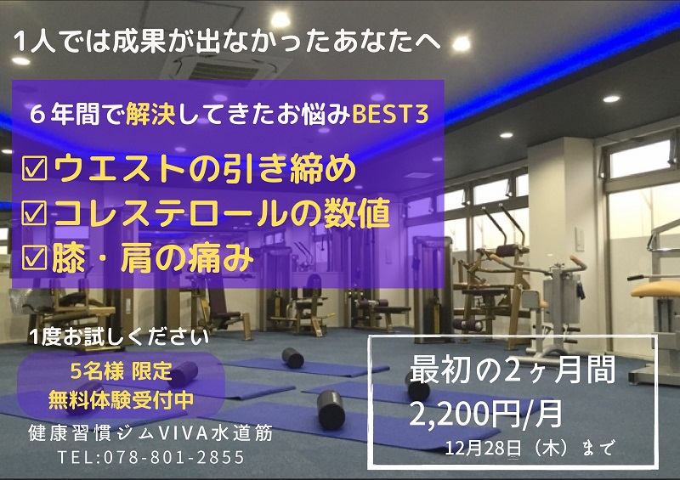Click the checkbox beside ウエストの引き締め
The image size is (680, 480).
(34, 168)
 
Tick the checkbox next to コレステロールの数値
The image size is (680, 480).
(34, 213)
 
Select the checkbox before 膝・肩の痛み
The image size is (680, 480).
(34, 257)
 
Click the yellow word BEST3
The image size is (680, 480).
(390, 115)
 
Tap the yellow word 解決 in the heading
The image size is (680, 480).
(150, 115)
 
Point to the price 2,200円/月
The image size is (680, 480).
(485, 413)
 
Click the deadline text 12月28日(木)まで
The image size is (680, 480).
(530, 448)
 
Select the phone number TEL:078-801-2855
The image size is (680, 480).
(151, 457)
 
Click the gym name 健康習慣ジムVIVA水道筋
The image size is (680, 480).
(150, 432)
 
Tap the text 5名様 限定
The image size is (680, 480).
(122, 371)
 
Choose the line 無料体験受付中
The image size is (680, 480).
(121, 400)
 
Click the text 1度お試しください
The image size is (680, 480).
(119, 337)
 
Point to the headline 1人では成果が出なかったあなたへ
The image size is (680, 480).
(227, 42)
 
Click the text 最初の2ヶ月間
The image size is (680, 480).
(513, 370)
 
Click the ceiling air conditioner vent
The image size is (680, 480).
(225, 70)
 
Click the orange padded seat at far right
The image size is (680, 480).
(655, 288)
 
